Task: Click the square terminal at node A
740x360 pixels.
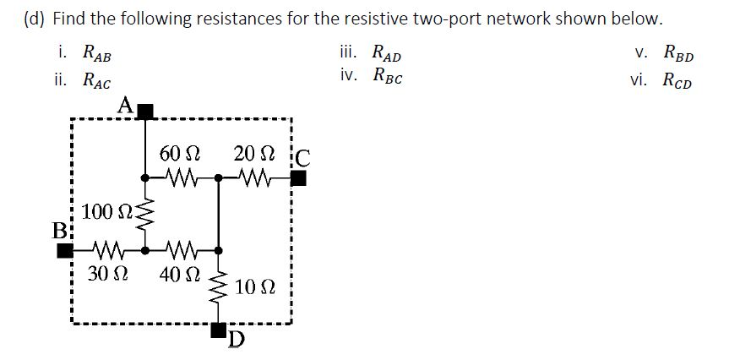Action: (145, 111)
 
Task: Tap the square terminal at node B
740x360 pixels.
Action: (64, 251)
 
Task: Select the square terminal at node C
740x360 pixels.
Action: (297, 178)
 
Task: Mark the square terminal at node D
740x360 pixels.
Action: (219, 328)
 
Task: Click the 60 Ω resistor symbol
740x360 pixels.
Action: (182, 178)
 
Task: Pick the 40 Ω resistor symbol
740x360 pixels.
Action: (182, 251)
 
